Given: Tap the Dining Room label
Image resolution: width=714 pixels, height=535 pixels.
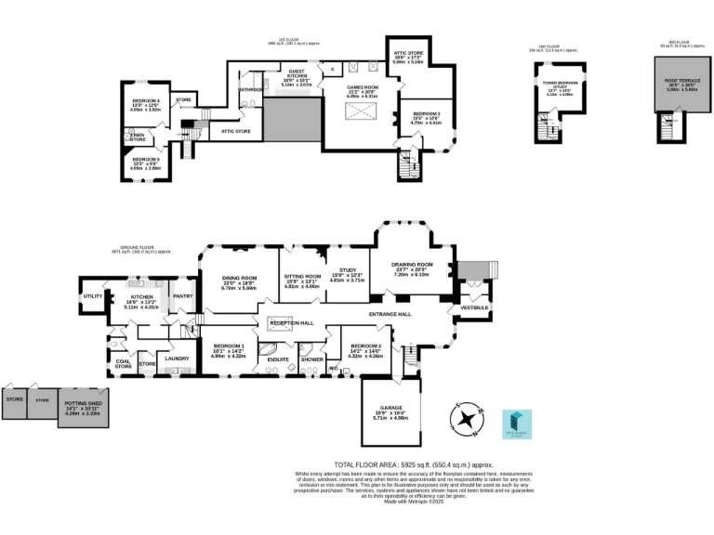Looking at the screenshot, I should pyautogui.click(x=238, y=278).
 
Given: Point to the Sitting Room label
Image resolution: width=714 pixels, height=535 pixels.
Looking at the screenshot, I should pyautogui.click(x=301, y=276).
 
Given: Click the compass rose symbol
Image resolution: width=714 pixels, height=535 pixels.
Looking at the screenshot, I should pyautogui.click(x=468, y=419).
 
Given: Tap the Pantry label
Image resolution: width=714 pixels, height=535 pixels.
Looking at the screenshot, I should pyautogui.click(x=182, y=296).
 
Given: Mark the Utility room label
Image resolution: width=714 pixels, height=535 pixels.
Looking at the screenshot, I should pyautogui.click(x=93, y=296).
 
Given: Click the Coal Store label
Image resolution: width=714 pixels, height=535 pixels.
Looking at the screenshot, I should pyautogui.click(x=124, y=364).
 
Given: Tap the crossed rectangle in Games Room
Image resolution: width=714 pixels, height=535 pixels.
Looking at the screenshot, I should pyautogui.click(x=360, y=112).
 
